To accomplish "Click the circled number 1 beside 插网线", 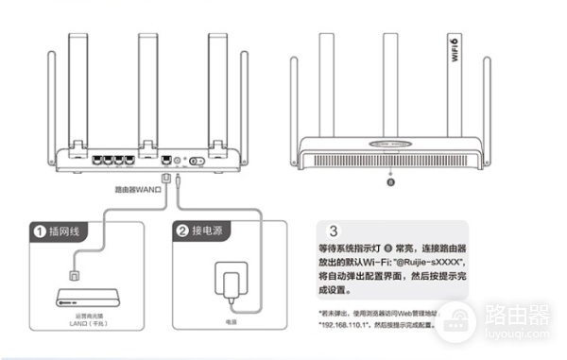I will click(x=39, y=231).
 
